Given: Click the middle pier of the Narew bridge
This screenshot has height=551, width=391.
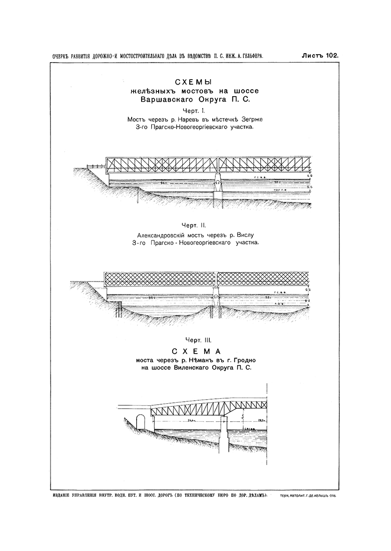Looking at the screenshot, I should click(218, 183).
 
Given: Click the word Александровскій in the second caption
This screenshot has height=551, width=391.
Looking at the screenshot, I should click(163, 234).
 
